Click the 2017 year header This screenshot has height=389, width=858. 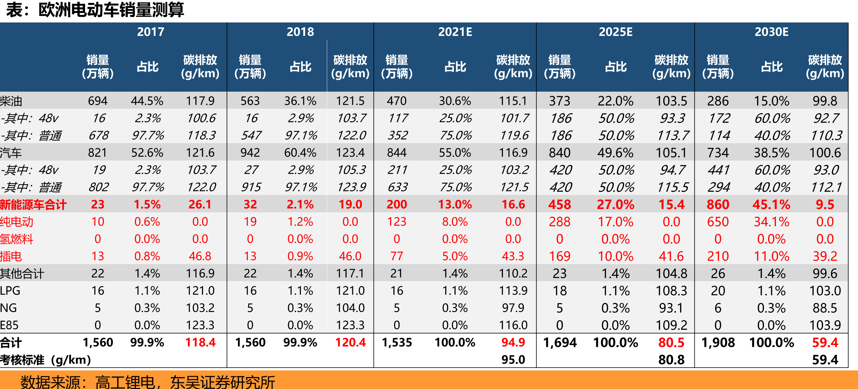[151, 32]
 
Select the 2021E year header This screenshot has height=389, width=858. [455, 32]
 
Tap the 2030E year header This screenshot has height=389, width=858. [771, 32]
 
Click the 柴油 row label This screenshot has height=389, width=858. [11, 101]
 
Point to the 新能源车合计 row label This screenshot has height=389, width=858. [33, 205]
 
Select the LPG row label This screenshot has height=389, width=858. [10, 291]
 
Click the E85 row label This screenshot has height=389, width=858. [9, 325]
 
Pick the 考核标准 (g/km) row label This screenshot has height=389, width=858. [46, 360]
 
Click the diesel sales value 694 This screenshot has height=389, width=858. [98, 101]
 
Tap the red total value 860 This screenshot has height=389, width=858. [718, 205]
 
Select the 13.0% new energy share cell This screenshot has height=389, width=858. [455, 205]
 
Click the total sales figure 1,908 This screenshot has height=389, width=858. [718, 342]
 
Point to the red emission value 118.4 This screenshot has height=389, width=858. [200, 342]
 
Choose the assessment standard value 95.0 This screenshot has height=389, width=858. [513, 360]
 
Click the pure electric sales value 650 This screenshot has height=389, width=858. [718, 222]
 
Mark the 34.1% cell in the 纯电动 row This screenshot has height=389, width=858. [771, 222]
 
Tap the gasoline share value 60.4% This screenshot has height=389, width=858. [300, 152]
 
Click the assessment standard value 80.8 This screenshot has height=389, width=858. [671, 360]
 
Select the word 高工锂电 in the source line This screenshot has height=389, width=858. [125, 382]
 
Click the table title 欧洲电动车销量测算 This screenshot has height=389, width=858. [111, 10]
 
